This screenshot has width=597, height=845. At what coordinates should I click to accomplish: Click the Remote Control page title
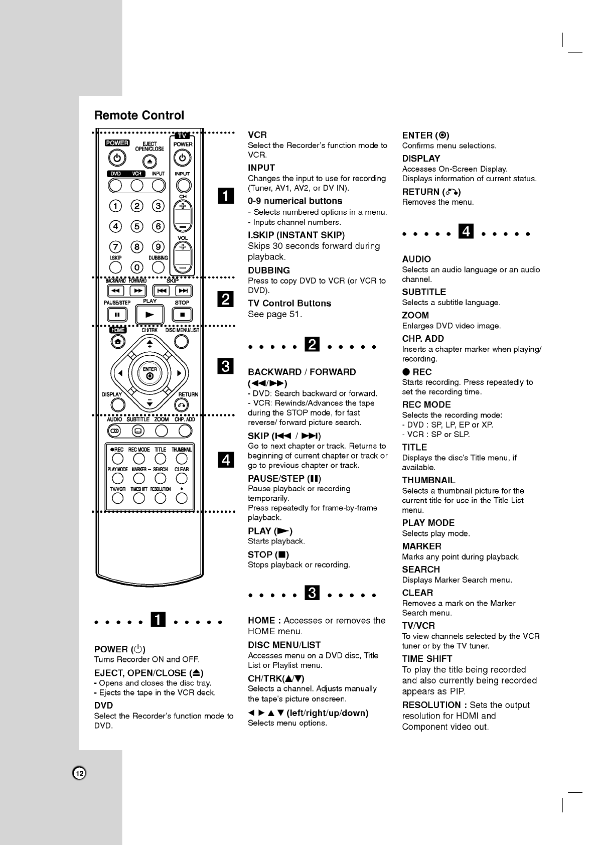[x=139, y=115]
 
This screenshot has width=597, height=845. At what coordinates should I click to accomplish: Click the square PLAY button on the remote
[x=150, y=315]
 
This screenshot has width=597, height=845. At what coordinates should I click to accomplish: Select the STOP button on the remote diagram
[x=182, y=315]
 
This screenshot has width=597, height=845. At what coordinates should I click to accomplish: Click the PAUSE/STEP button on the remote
[x=117, y=315]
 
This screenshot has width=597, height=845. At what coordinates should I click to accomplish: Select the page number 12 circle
[x=79, y=773]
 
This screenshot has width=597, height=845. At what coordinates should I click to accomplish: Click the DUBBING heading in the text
[x=269, y=270]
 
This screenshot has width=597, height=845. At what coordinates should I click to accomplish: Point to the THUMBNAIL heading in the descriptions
[x=428, y=480]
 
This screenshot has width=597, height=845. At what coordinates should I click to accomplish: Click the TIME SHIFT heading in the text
[x=427, y=658]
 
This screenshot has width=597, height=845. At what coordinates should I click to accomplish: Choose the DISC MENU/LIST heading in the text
[x=284, y=645]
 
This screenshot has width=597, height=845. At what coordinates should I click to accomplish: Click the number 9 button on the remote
[x=158, y=247]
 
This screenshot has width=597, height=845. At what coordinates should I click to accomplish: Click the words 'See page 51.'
[x=275, y=314]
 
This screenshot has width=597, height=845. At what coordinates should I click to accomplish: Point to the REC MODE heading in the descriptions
[x=426, y=404]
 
